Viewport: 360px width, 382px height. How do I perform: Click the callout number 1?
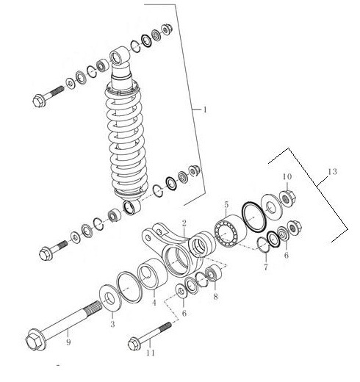click(205, 109)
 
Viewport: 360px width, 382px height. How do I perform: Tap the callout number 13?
click(332, 171)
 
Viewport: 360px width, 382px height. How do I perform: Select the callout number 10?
click(287, 176)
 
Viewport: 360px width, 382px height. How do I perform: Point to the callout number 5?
click(226, 204)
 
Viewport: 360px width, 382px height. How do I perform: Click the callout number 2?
click(184, 223)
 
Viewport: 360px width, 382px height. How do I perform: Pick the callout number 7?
click(266, 267)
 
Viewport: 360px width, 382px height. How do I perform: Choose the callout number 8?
click(215, 297)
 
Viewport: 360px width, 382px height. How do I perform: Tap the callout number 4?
click(154, 303)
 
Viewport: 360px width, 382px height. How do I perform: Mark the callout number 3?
click(112, 324)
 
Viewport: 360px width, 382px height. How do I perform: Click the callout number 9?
click(68, 342)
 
